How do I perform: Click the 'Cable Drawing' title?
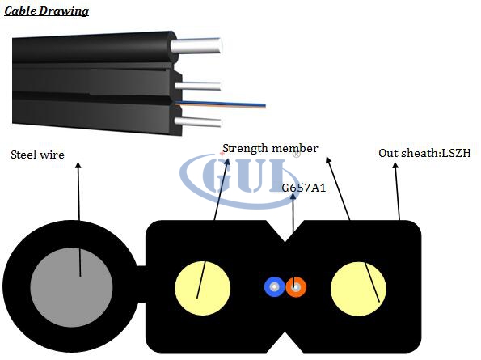point(46,11)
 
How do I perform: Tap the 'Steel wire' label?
point(37,155)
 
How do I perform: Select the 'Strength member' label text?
point(270,149)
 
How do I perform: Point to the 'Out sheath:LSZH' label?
point(424,153)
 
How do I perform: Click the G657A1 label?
point(303,188)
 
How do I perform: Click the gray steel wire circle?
point(71,287)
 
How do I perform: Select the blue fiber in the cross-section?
point(274,287)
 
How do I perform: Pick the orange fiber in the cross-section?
point(296,287)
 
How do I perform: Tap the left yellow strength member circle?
point(202,288)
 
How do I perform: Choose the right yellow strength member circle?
point(358,289)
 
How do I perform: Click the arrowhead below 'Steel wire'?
point(78,165)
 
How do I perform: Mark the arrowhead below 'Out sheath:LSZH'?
point(395,165)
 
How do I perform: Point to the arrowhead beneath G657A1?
point(293,196)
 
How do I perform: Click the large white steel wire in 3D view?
point(196,45)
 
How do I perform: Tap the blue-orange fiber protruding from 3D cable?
point(220,104)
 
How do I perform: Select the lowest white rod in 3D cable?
point(198,121)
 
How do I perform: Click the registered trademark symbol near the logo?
point(297,155)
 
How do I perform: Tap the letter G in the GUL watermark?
point(217,175)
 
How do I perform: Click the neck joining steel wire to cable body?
point(141,284)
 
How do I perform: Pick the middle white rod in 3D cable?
point(198,86)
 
